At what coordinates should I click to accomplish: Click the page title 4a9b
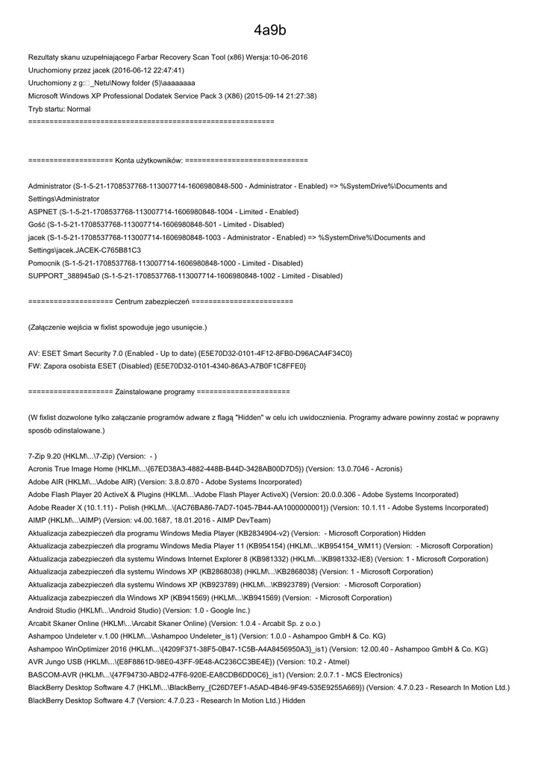point(269,31)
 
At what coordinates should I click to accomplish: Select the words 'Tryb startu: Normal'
point(59,109)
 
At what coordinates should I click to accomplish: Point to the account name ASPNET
point(41,212)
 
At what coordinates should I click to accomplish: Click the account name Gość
point(37,225)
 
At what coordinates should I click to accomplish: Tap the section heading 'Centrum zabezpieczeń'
point(152,301)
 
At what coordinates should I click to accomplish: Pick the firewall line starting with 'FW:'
point(166,366)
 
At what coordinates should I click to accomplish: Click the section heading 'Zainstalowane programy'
point(155,392)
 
